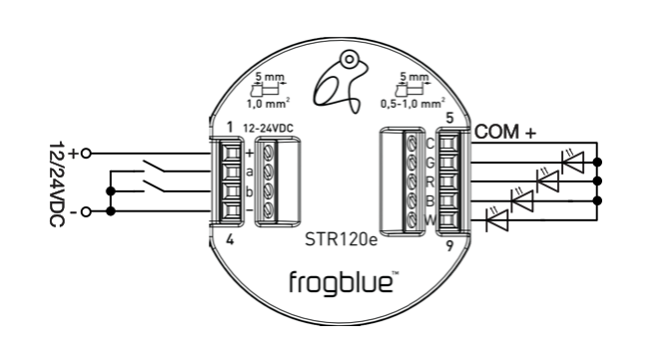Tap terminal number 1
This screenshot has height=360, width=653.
[x=229, y=127]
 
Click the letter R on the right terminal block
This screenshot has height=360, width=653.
[x=430, y=180]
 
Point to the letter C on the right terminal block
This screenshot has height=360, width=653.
[x=430, y=145]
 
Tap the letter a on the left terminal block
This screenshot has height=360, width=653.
[x=247, y=171]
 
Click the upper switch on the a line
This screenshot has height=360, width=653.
[x=153, y=165]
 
